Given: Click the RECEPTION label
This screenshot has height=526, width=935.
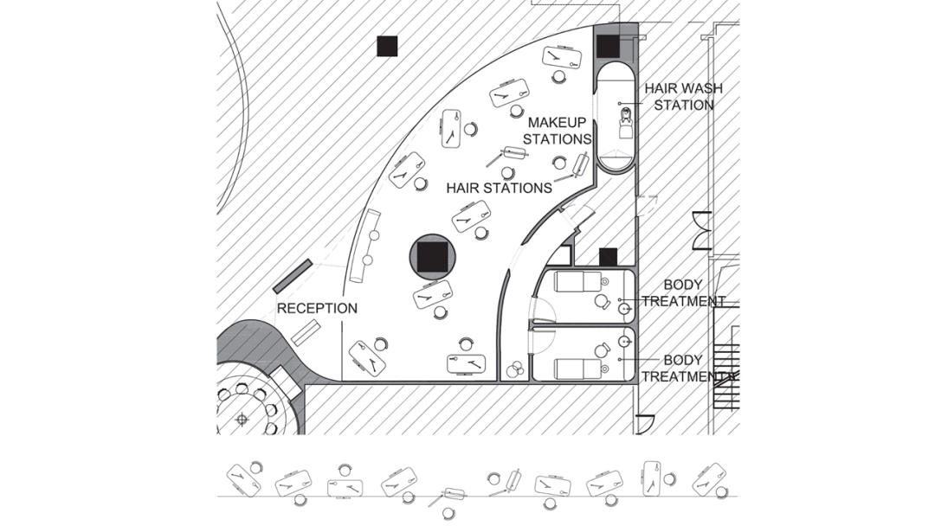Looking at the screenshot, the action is click(317, 308).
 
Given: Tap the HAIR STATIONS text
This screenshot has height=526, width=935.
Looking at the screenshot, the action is click(499, 187).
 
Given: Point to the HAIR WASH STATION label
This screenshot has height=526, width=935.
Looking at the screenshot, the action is click(682, 96).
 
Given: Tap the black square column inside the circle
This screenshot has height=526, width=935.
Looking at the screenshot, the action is click(431, 256).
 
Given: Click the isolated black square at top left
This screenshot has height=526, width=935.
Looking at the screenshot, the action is click(386, 46).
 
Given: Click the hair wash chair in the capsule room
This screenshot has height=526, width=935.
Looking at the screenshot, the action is click(625, 126).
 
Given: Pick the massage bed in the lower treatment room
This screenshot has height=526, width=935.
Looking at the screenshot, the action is click(578, 368).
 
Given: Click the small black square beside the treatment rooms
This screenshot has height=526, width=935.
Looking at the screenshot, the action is click(608, 256).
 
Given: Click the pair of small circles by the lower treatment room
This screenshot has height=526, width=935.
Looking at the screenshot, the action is click(515, 369).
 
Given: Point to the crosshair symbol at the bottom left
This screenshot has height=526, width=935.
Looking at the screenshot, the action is click(242, 420).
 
